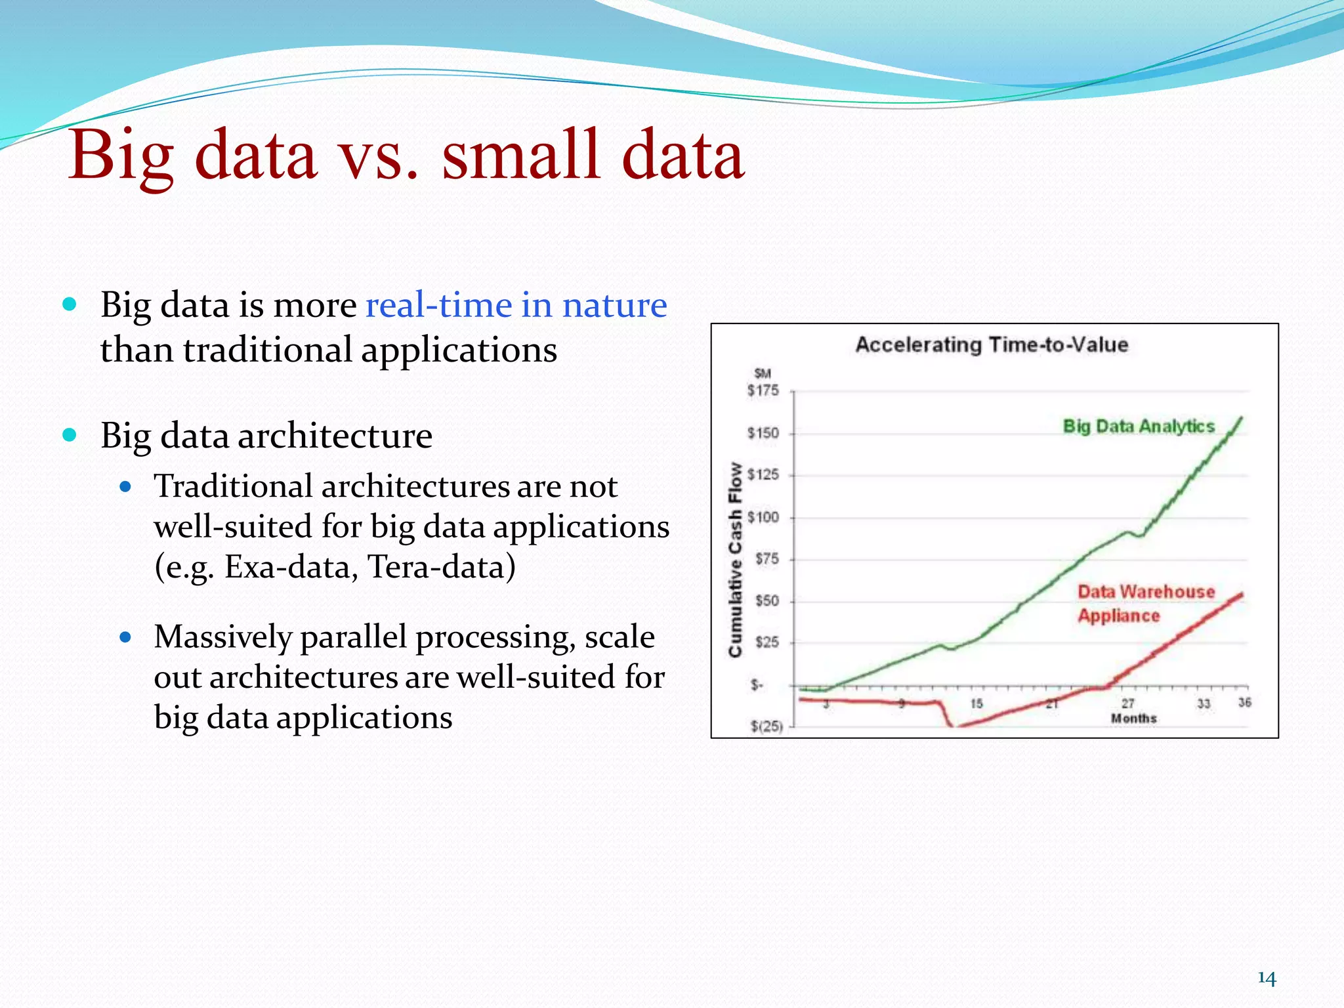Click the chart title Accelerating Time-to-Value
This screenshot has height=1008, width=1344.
click(991, 345)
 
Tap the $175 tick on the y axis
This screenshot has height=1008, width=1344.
click(763, 390)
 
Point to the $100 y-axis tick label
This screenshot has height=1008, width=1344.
click(763, 517)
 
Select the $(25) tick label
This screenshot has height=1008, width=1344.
click(766, 726)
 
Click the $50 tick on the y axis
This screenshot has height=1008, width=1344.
click(766, 601)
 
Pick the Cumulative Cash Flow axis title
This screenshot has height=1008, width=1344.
click(735, 559)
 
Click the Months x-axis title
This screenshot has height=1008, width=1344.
click(1133, 719)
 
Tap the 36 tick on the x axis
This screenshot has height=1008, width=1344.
click(1244, 703)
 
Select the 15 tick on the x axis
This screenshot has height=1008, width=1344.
click(976, 703)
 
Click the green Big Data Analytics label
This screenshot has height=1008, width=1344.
click(1139, 427)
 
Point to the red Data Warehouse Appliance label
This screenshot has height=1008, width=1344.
click(1145, 604)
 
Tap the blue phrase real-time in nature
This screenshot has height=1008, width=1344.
click(516, 305)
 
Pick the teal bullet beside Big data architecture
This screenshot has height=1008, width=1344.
click(70, 435)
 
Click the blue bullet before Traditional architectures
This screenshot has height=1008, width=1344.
click(126, 487)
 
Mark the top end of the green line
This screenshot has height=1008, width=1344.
click(1241, 418)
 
